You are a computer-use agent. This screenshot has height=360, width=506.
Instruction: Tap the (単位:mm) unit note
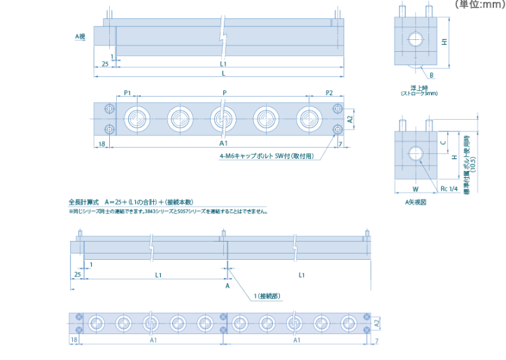[x=480, y=4]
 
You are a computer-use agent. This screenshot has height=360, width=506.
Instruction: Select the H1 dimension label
[x=446, y=41]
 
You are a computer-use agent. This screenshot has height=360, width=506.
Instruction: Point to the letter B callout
[x=432, y=75]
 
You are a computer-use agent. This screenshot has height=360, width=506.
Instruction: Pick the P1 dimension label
[x=127, y=92]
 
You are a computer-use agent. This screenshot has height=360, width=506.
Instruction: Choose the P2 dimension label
[x=329, y=92]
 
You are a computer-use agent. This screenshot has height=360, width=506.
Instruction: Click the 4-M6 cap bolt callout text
[x=266, y=156]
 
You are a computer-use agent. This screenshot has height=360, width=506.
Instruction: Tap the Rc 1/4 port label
[x=449, y=188]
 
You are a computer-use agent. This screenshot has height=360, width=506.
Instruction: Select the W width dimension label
[x=415, y=188]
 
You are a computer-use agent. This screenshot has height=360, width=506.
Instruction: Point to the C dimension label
[x=444, y=142]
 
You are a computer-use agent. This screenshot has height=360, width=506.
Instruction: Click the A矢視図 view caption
[x=416, y=202]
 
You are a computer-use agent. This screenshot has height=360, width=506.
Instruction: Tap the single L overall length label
[x=223, y=72]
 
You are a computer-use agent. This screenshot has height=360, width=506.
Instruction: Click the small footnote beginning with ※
[x=168, y=211]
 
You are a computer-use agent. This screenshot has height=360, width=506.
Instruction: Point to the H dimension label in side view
[x=454, y=158]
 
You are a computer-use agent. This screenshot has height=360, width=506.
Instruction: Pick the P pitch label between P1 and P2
[x=224, y=92]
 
